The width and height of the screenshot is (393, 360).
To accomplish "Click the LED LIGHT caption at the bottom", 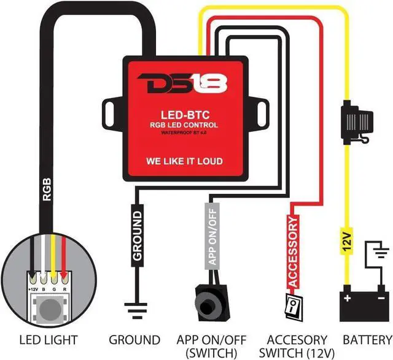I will pyautogui.click(x=49, y=339).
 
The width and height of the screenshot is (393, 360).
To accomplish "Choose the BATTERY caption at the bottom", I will pyautogui.click(x=367, y=339).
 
